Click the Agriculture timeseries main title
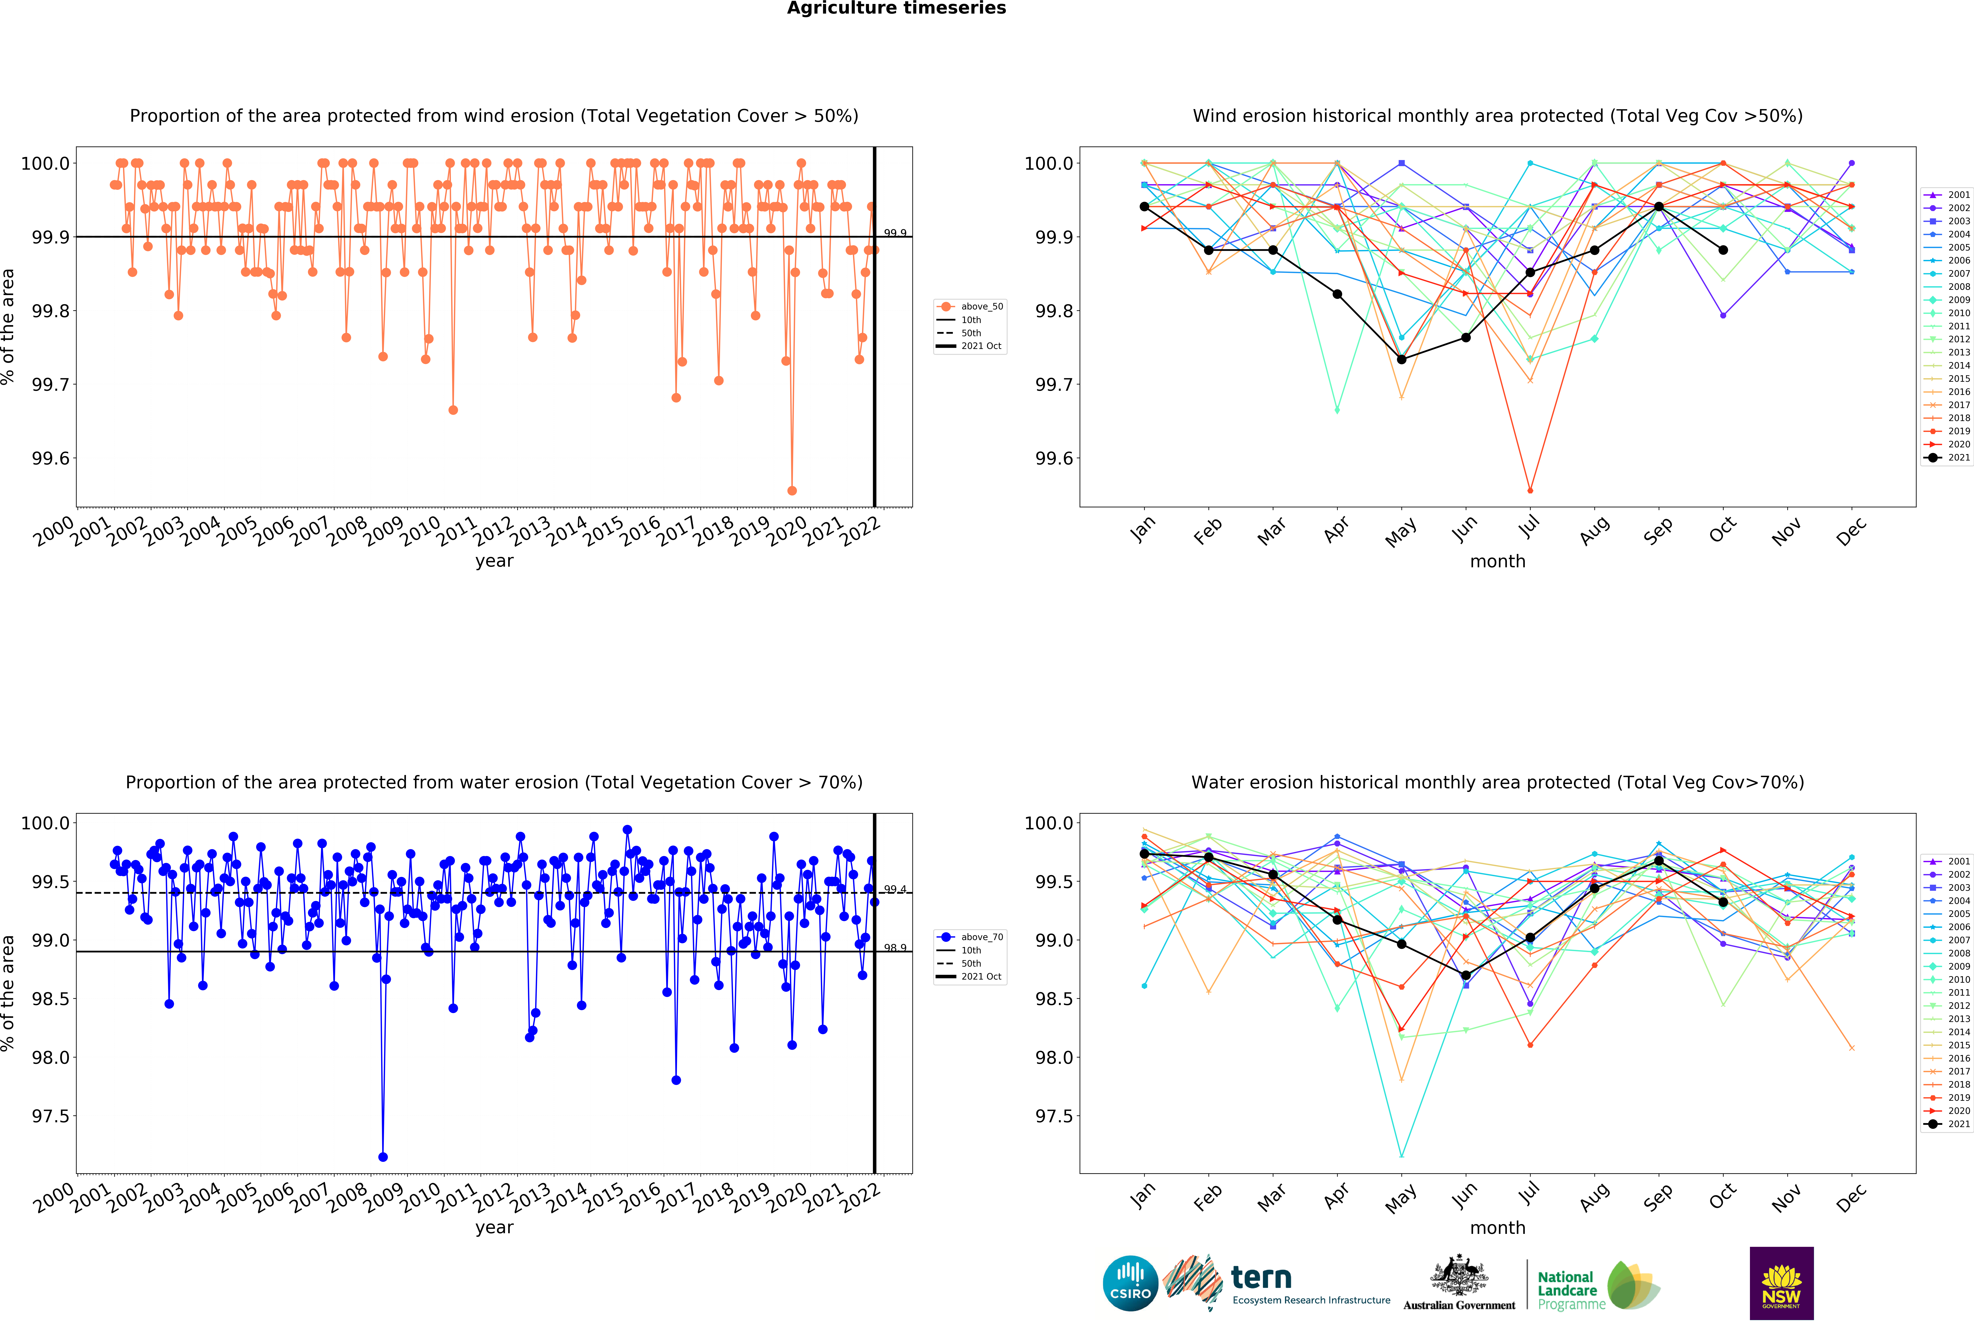[896, 9]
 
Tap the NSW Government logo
[1781, 1283]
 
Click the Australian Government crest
[1458, 1275]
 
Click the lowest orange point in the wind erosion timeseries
[792, 490]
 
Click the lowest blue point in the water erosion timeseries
[383, 1157]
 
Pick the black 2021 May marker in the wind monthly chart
[1401, 359]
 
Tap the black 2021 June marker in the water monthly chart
[1465, 976]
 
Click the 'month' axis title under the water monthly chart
[1497, 1228]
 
